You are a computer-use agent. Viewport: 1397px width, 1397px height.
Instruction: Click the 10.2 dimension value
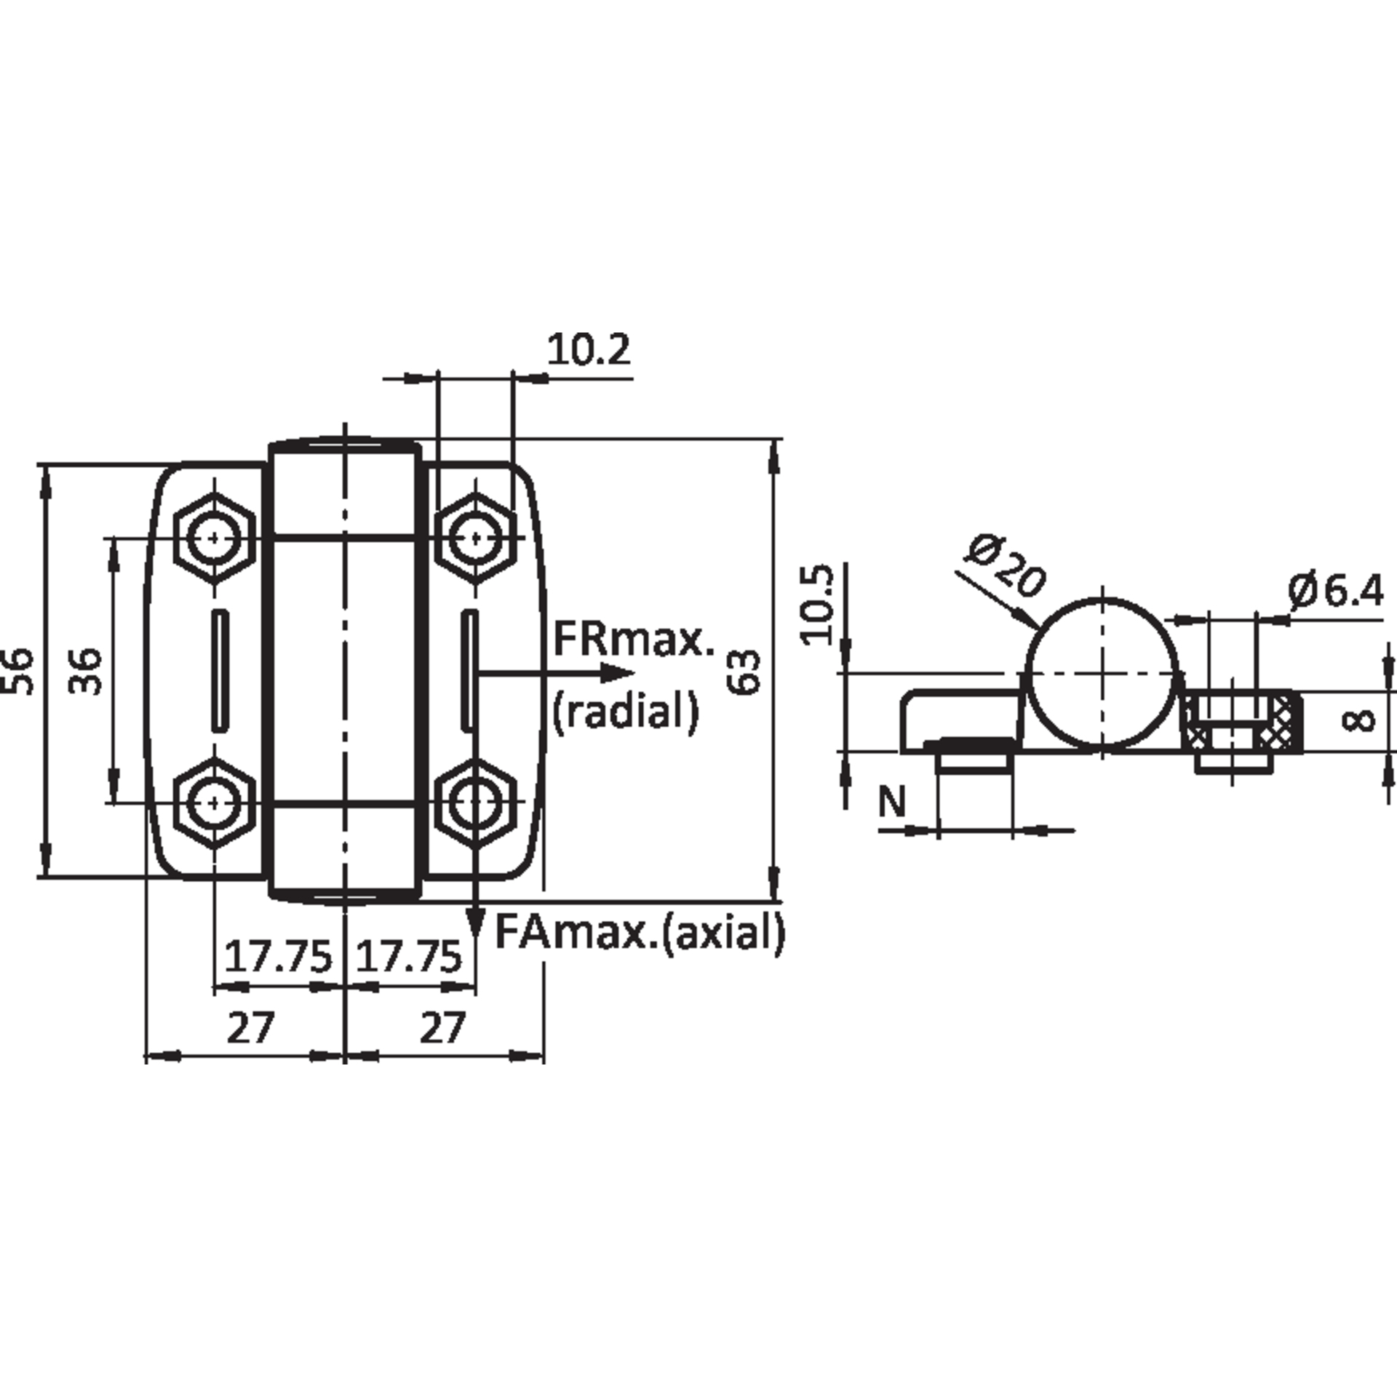pyautogui.click(x=589, y=350)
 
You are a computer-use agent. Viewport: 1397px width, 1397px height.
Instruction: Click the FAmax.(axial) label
pyautogui.click(x=640, y=932)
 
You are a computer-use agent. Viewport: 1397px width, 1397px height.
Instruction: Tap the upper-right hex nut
pyautogui.click(x=476, y=538)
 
